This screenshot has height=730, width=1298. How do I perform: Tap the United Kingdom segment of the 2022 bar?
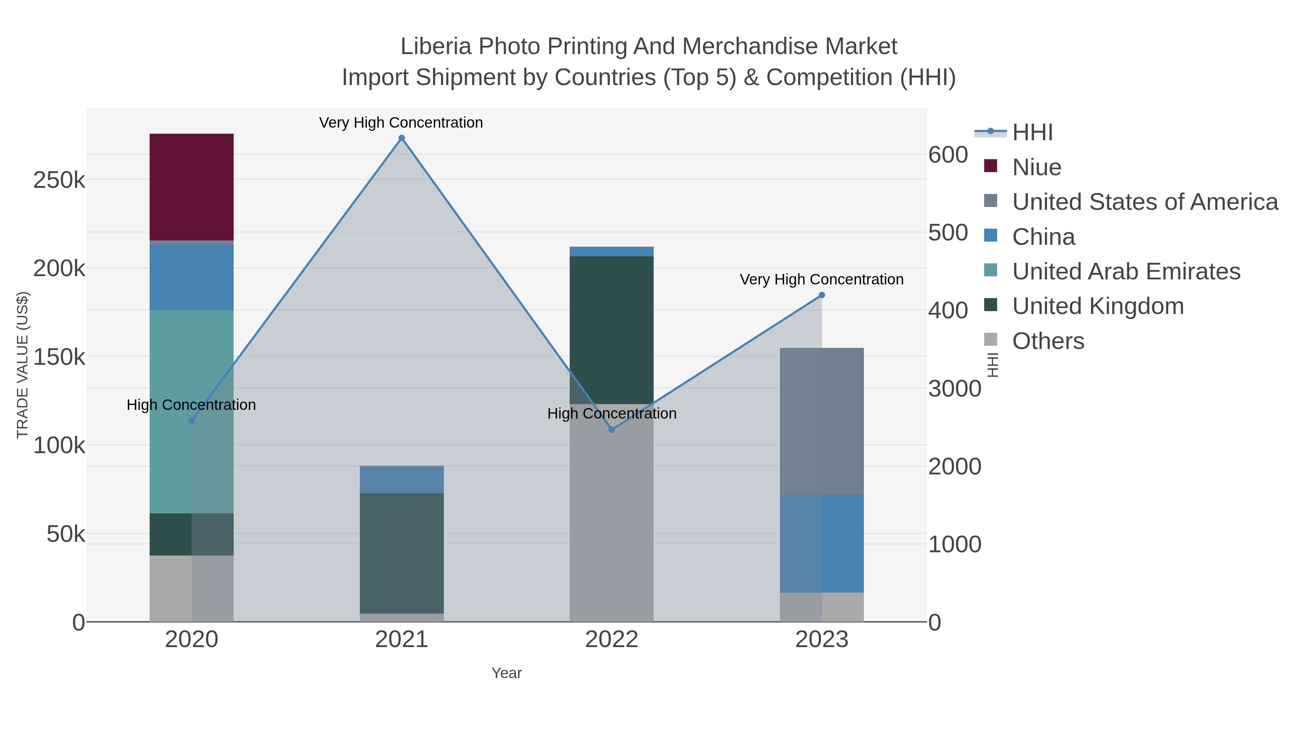click(611, 330)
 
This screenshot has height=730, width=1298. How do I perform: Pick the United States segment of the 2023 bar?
click(821, 421)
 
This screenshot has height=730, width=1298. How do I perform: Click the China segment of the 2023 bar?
click(821, 544)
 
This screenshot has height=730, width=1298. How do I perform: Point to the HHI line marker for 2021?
click(402, 138)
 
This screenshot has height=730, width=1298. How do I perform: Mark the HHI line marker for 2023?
click(822, 295)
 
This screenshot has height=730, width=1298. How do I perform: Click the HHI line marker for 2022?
click(612, 430)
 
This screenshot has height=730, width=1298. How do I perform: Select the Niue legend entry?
click(1037, 167)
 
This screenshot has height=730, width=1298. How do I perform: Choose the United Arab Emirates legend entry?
click(1126, 271)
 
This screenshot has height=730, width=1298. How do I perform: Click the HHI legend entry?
click(1032, 133)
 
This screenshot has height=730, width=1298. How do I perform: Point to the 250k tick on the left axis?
click(59, 180)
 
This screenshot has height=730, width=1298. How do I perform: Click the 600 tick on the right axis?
click(948, 155)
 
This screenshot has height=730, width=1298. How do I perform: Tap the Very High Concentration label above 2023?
click(821, 280)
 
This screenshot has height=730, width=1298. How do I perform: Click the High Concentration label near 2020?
click(191, 405)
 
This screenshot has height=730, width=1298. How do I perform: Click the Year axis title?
click(507, 673)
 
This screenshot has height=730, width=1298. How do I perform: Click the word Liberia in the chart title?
click(436, 47)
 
